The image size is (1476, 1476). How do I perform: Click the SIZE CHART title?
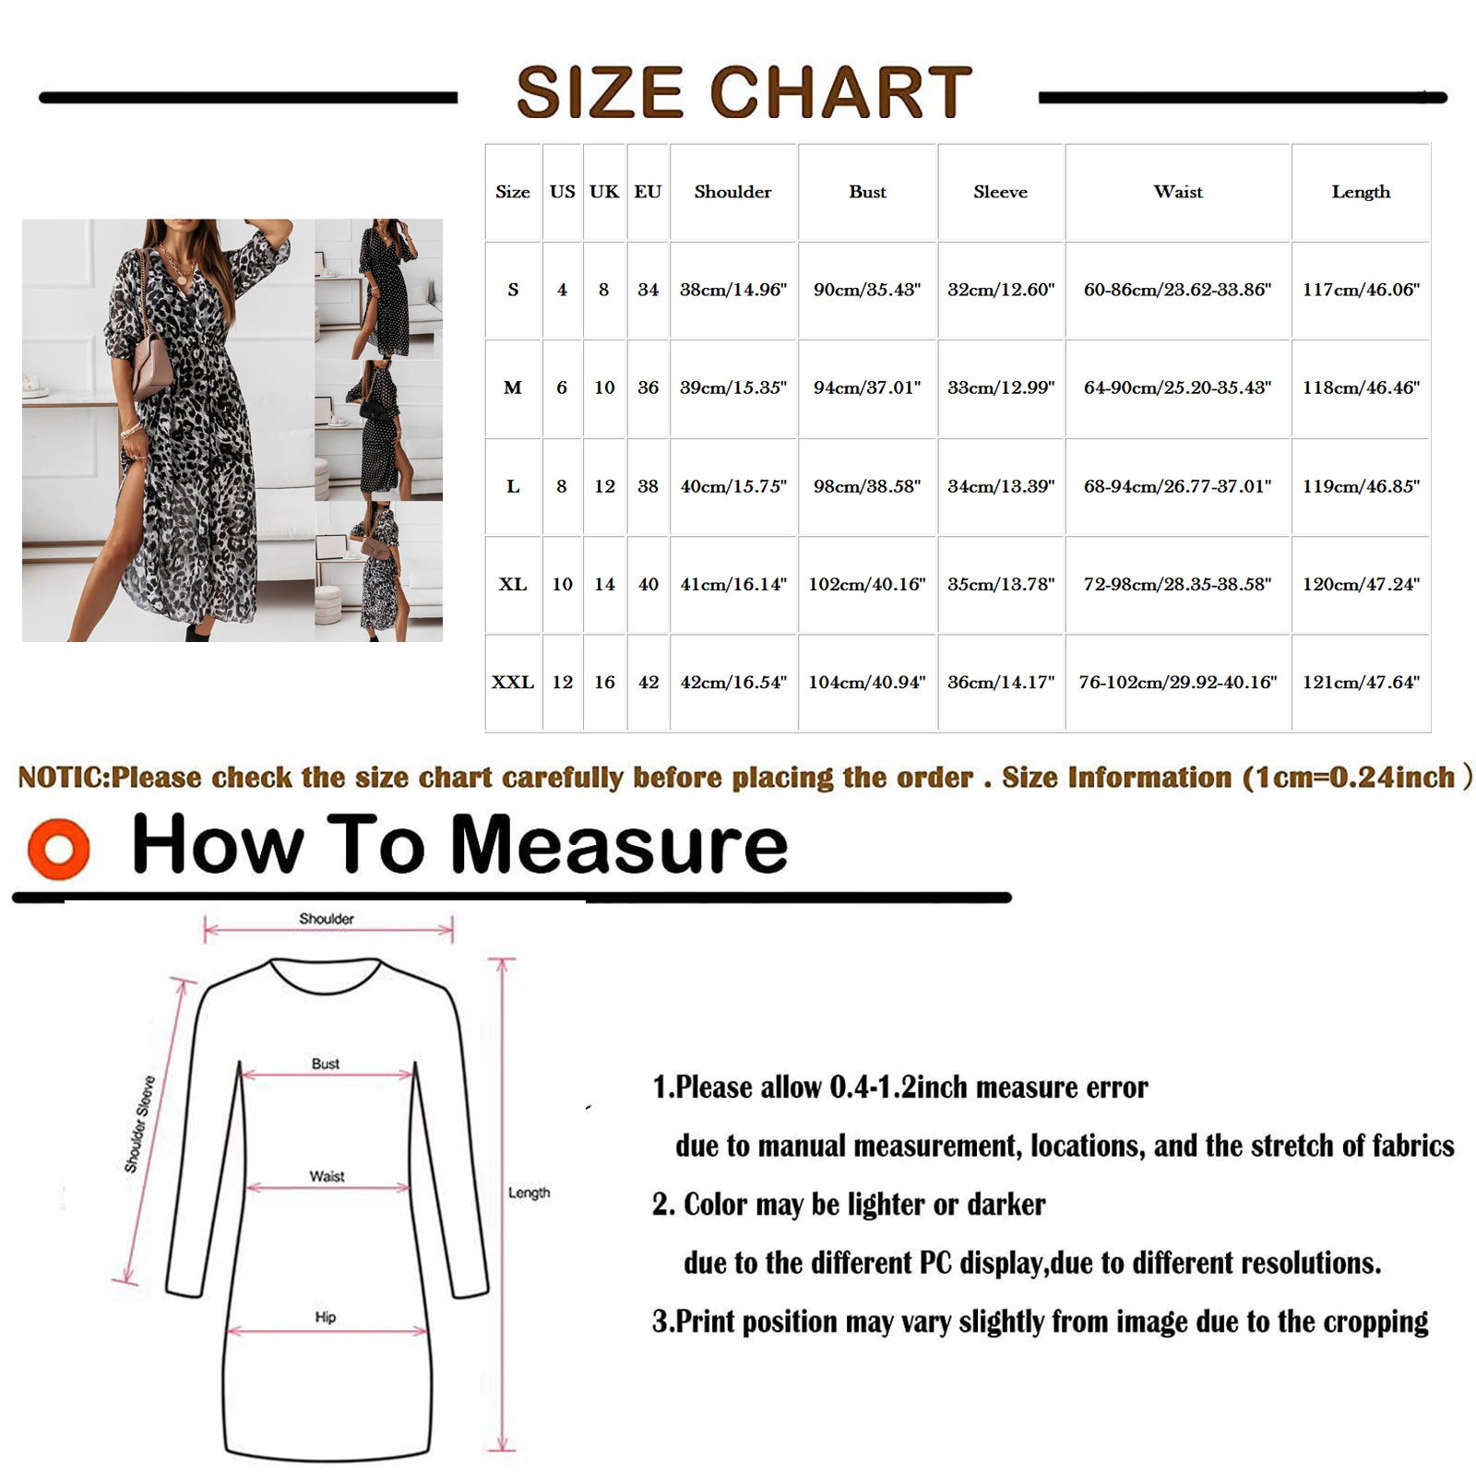pos(744,92)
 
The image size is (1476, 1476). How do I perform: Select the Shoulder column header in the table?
pos(732,192)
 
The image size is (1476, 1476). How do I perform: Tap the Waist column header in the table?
pos(1178,192)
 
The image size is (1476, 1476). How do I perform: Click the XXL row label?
pos(513,683)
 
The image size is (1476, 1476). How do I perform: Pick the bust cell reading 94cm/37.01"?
pos(867,387)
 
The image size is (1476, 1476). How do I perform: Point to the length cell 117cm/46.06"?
pos(1361,290)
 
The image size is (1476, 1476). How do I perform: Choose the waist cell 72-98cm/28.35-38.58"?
pos(1177,584)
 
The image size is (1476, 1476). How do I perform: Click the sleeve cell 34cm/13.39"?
pos(1001,486)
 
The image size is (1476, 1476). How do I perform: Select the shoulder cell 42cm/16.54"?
pos(733,683)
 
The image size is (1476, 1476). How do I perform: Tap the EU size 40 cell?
pos(649,584)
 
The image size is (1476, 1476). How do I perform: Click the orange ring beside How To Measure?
pos(59,848)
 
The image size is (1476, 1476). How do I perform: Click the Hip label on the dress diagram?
pos(325,1316)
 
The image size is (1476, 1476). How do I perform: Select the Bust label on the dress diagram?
pos(326,1064)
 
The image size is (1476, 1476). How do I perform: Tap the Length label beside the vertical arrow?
pos(529,1193)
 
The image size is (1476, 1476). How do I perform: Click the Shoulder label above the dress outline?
pos(327,919)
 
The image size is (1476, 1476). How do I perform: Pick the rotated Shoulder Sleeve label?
pos(139,1124)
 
